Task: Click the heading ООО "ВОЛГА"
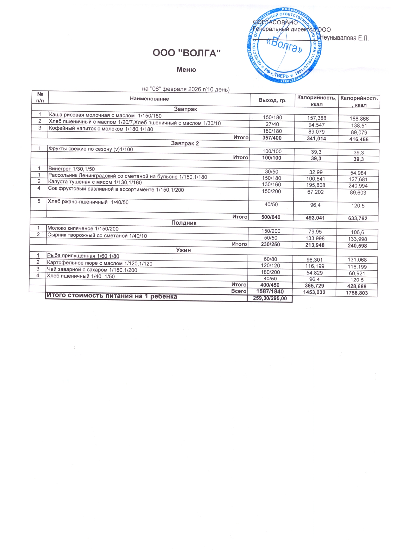tap(187, 53)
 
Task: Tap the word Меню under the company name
tap(186, 70)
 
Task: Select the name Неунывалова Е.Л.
tap(344, 38)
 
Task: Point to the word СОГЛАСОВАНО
tap(275, 22)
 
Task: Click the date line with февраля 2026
tap(186, 89)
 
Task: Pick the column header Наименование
tap(149, 99)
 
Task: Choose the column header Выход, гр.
tap(272, 100)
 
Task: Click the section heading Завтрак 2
tap(185, 143)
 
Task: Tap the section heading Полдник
tap(184, 223)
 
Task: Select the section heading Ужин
tap(183, 250)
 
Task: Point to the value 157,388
tap(316, 118)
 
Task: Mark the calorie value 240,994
tap(358, 186)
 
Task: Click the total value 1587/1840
tap(270, 291)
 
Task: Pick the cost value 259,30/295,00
tap(270, 298)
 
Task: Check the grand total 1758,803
tap(357, 293)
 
